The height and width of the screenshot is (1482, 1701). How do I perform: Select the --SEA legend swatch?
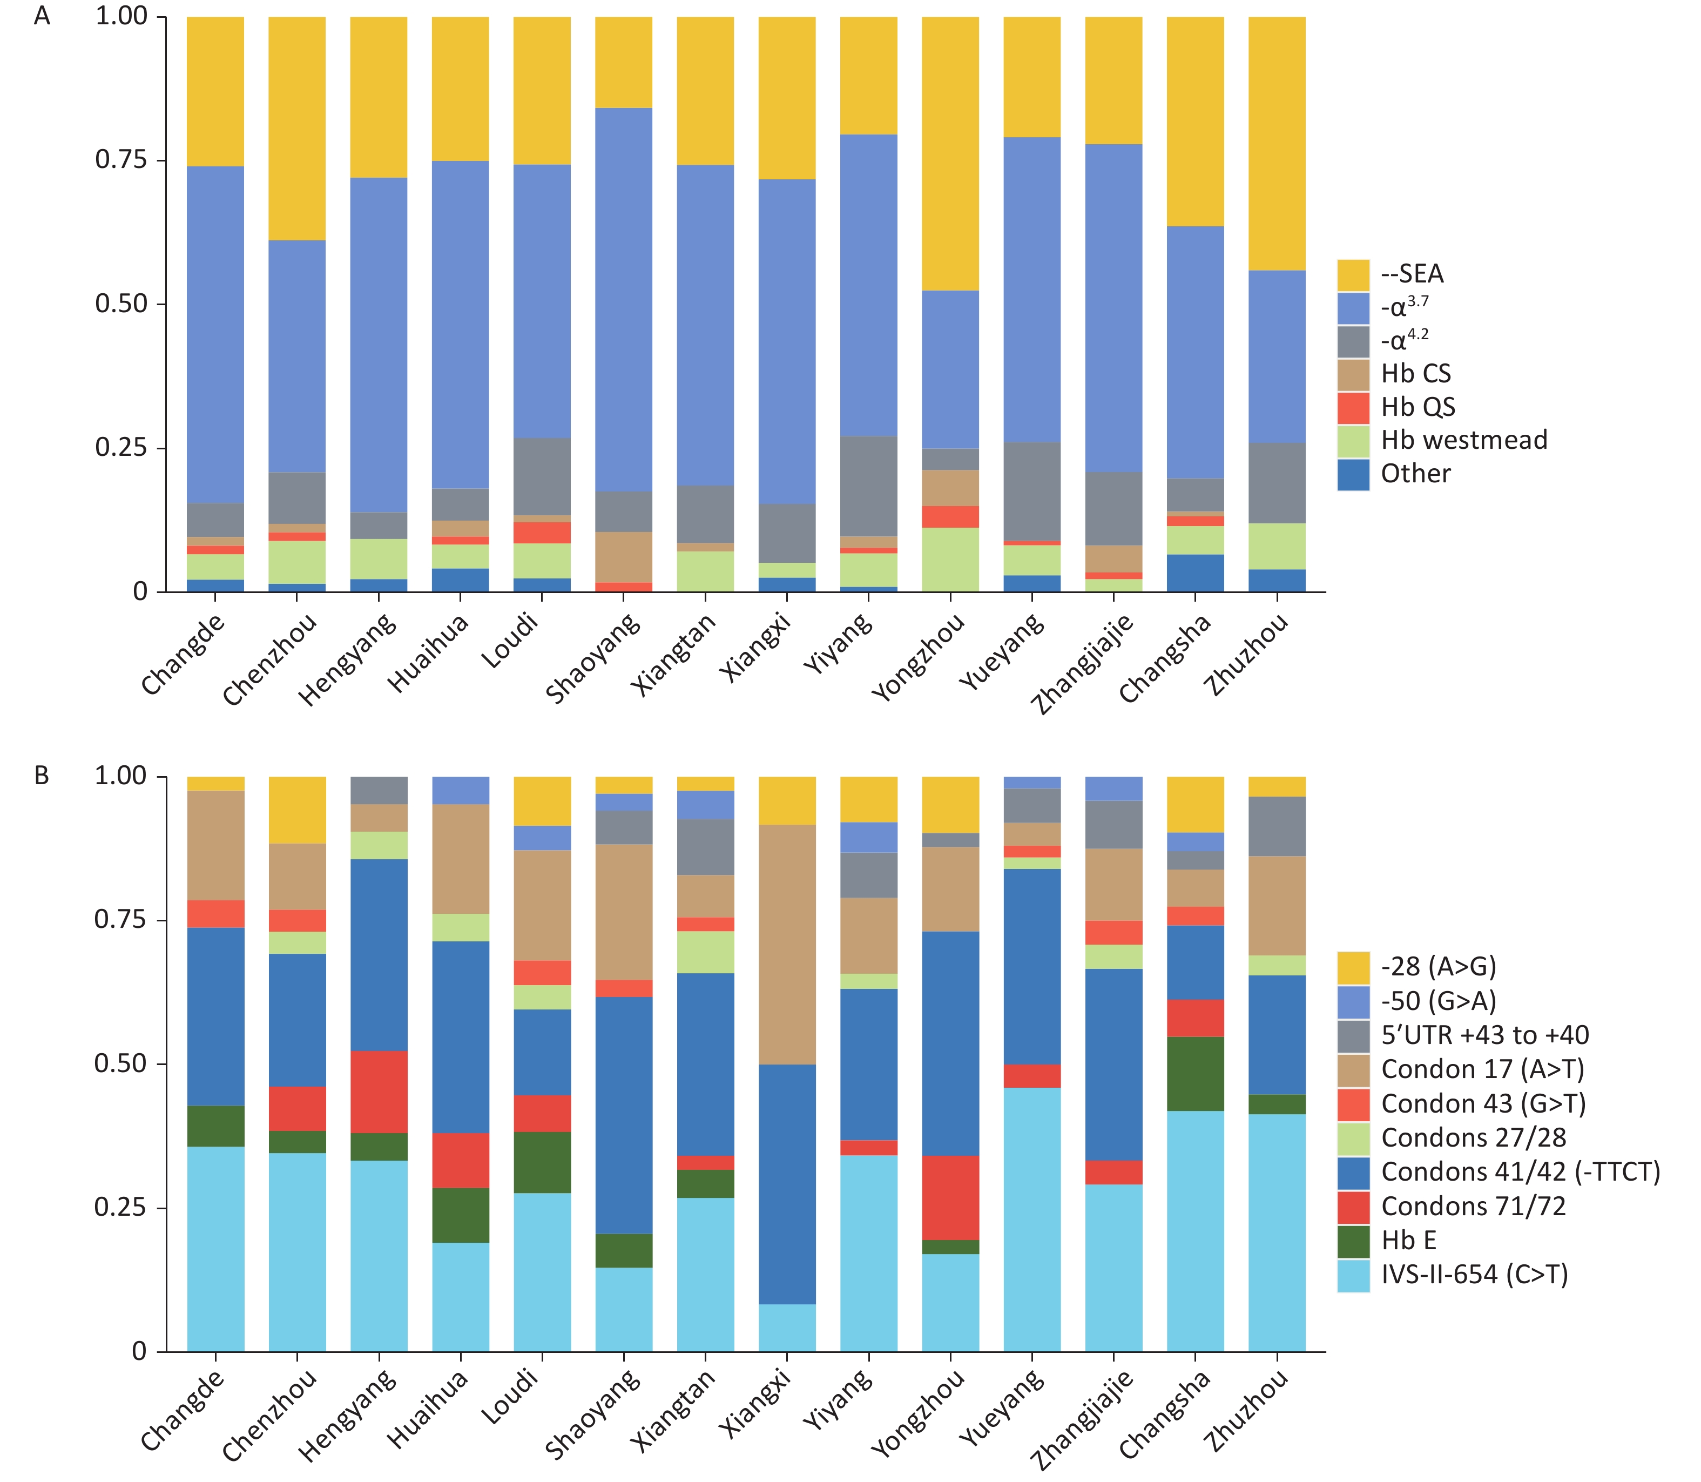click(1353, 274)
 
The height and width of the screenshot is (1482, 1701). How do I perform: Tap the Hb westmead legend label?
click(1464, 440)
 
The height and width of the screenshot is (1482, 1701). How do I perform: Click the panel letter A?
click(42, 17)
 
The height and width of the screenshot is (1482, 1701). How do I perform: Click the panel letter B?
click(42, 776)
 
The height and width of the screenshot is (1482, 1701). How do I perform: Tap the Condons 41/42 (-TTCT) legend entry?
click(1520, 1172)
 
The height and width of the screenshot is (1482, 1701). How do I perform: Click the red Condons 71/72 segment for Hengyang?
click(379, 1092)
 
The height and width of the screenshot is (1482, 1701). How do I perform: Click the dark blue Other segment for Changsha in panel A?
click(1195, 572)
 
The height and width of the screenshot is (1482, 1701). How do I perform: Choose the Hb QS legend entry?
click(1417, 407)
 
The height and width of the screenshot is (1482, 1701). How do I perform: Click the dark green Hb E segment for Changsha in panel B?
click(1195, 1074)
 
